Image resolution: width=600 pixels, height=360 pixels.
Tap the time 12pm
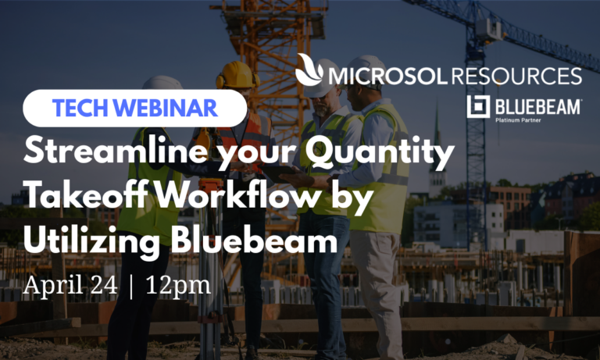(x=178, y=285)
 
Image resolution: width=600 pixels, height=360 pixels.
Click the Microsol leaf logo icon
(x=310, y=73)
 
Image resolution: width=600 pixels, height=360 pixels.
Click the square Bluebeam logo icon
(x=477, y=106)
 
